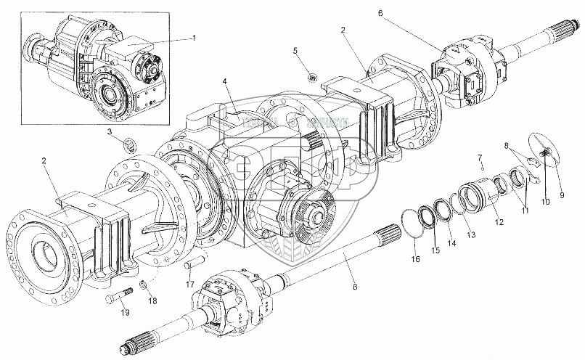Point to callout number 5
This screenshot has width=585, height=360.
(295, 50)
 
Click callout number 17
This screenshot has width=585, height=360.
(189, 285)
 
